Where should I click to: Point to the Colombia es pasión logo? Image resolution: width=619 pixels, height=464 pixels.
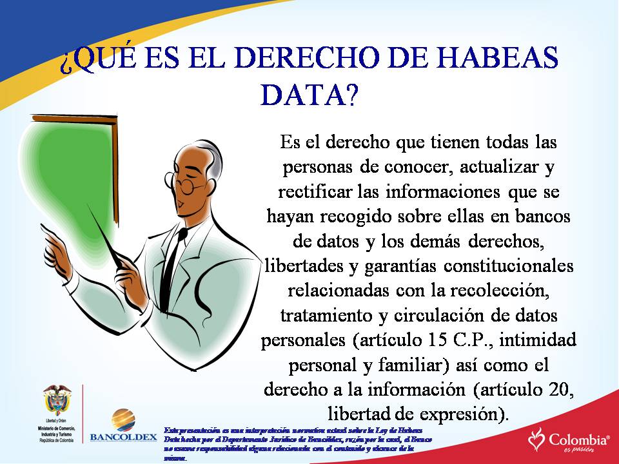569,440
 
